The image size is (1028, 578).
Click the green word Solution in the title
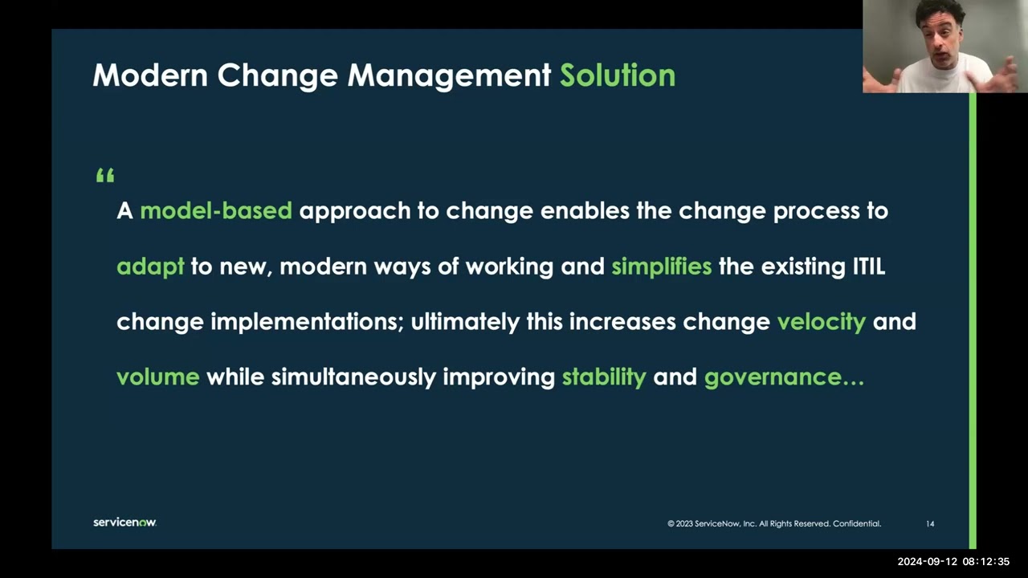[617, 75]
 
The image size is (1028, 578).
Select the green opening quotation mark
[105, 176]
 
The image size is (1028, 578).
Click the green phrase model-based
[216, 211]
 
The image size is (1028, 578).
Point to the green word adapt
[150, 267]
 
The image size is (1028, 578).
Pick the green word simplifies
[661, 267]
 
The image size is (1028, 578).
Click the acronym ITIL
[868, 267]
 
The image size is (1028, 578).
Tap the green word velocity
[821, 322]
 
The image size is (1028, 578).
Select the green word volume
[157, 377]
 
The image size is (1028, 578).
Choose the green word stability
[603, 377]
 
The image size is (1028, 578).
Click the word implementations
[306, 322]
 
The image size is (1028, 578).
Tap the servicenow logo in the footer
[124, 523]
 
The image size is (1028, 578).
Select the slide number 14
[930, 524]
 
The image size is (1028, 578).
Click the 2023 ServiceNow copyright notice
[773, 524]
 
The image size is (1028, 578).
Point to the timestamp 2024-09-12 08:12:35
[953, 562]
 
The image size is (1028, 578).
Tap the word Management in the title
[449, 75]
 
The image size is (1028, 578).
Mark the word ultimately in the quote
[465, 322]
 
